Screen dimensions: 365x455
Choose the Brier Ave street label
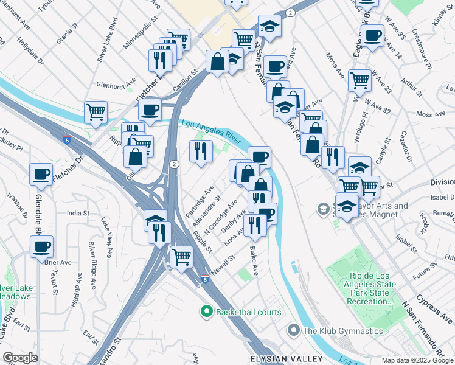pos(58,263)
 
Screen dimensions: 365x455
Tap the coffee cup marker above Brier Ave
pos(41,247)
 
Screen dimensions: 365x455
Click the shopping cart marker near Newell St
pos(181,257)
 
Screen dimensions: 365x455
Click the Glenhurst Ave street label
pos(116,82)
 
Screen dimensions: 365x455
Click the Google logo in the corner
pos(20,358)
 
